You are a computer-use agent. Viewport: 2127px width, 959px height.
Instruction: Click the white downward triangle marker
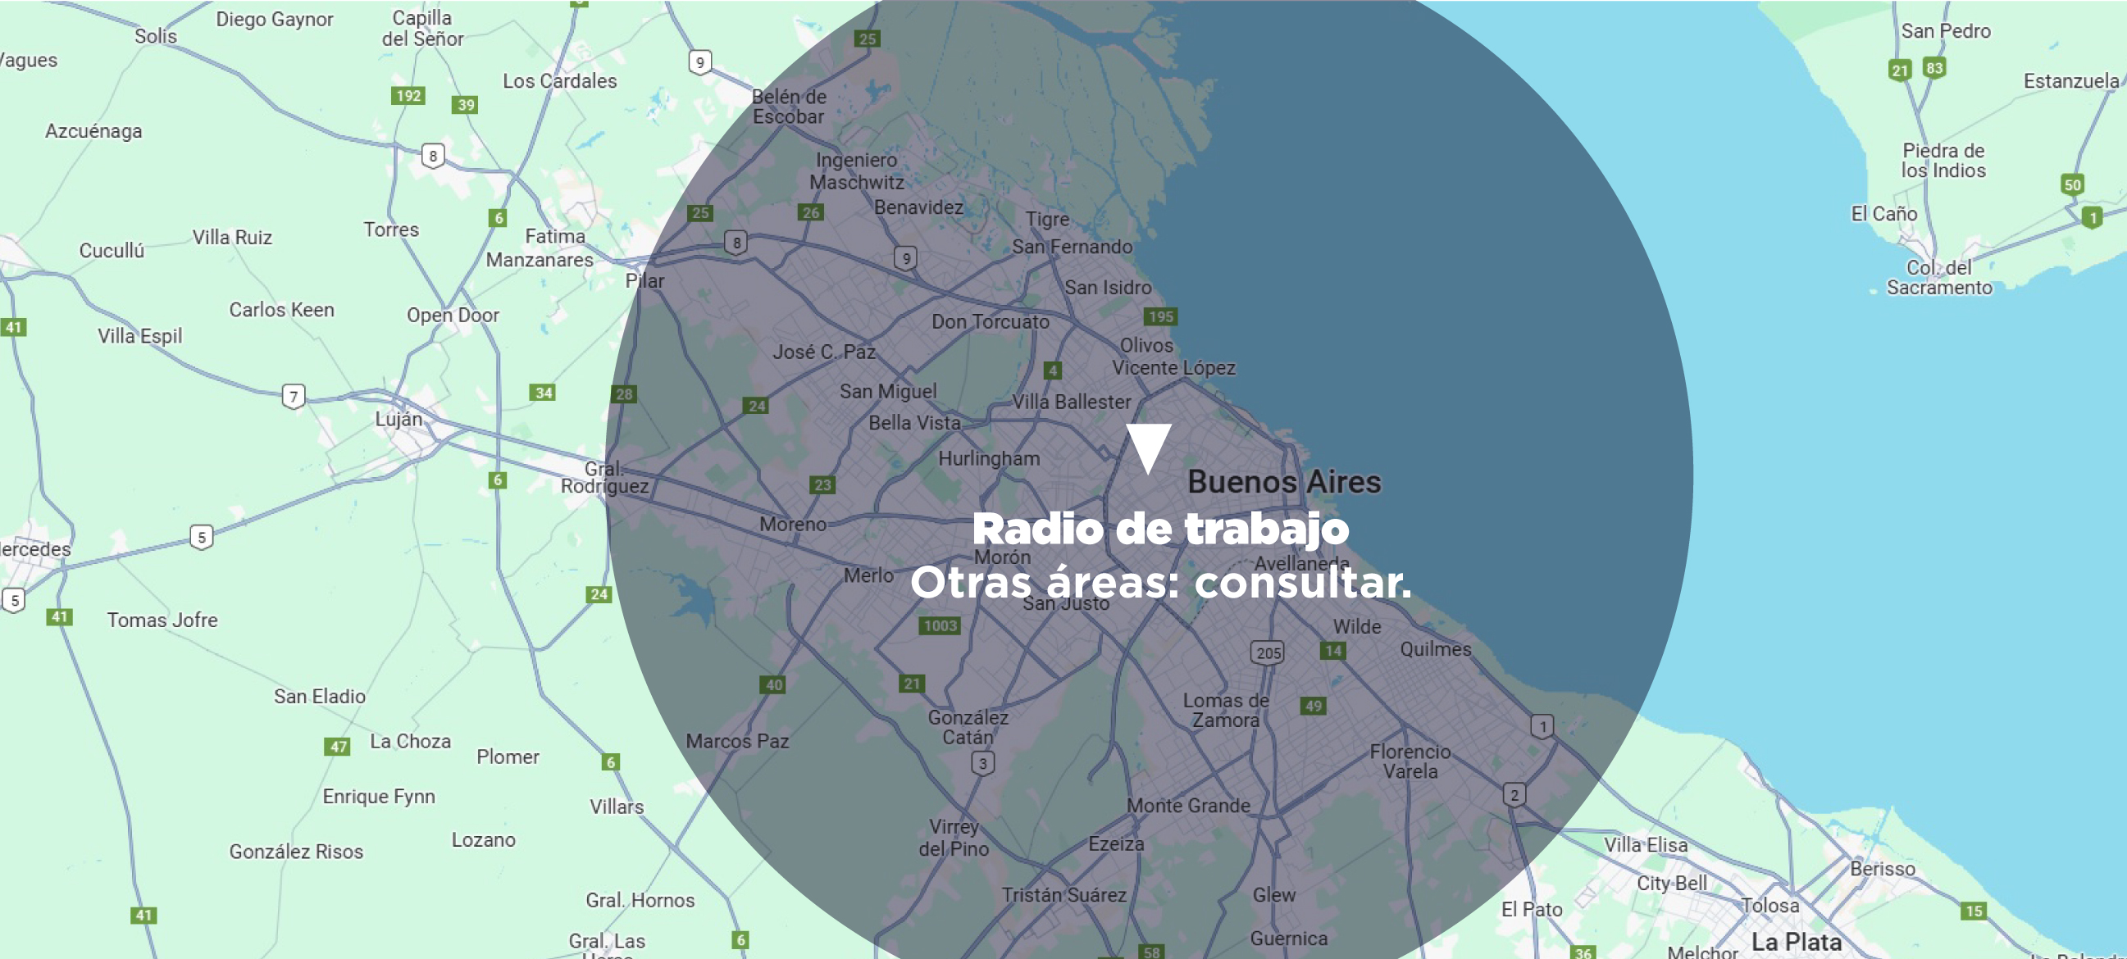coord(1149,446)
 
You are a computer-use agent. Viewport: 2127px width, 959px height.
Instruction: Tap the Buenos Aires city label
coord(1284,482)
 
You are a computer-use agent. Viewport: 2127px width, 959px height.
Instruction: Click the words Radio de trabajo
coord(1160,529)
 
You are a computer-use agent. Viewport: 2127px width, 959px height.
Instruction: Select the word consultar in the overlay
coord(1302,583)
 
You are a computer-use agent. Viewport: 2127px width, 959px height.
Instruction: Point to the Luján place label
coord(399,419)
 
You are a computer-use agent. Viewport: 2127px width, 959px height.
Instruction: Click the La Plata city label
coord(1797,942)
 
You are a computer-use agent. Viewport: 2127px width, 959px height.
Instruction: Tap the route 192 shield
coord(408,96)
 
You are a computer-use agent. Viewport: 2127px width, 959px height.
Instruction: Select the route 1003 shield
coord(940,625)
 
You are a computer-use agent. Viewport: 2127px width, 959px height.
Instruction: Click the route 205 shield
coord(1268,652)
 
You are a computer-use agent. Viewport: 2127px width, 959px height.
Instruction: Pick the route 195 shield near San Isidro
coord(1161,317)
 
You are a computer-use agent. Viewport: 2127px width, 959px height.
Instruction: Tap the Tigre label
coord(1047,220)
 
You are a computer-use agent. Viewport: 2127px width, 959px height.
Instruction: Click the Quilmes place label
coord(1435,649)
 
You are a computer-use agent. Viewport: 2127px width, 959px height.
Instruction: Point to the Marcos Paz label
coord(736,741)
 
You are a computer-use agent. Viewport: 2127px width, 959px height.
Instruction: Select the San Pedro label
coord(1945,31)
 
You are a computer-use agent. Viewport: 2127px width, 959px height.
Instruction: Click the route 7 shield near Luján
coord(293,397)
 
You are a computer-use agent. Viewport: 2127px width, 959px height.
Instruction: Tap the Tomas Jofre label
coord(162,620)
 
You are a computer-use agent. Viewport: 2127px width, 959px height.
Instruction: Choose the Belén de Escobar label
coord(789,107)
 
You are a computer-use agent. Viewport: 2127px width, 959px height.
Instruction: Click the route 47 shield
coord(338,747)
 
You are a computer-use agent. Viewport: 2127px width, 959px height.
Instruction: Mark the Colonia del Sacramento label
coord(1938,278)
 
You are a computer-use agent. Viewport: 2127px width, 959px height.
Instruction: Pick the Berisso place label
coord(1882,869)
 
